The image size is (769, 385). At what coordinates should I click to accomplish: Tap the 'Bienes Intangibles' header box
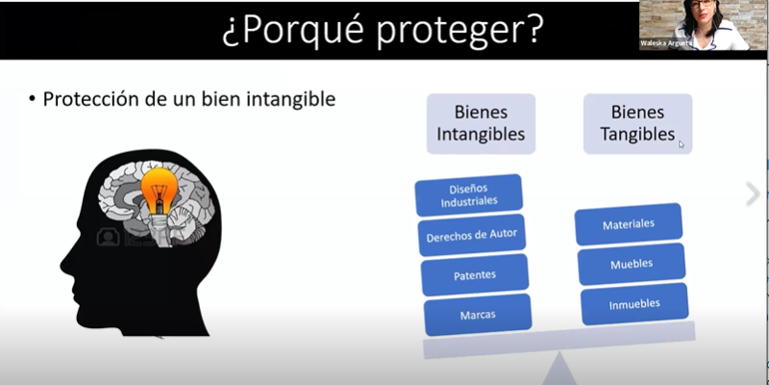tap(481, 124)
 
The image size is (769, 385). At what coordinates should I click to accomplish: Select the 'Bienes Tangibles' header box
tap(637, 124)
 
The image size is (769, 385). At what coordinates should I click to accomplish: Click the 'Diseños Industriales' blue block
tap(469, 195)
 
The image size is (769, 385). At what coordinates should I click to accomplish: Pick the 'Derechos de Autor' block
tap(472, 235)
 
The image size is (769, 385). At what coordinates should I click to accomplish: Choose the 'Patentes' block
tap(475, 275)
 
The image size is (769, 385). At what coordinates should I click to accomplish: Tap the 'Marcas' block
tap(478, 315)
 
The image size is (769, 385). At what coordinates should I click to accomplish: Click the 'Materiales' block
tap(629, 224)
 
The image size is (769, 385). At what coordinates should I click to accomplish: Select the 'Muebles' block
tap(632, 264)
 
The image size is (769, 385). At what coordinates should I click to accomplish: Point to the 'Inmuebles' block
tap(634, 304)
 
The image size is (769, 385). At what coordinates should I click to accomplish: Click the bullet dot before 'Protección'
tap(33, 99)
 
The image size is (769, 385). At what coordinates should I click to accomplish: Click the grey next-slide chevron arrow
tap(753, 194)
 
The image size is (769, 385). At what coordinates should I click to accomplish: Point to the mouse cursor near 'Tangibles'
tap(682, 144)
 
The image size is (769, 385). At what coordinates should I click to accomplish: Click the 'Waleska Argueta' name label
tap(665, 43)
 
